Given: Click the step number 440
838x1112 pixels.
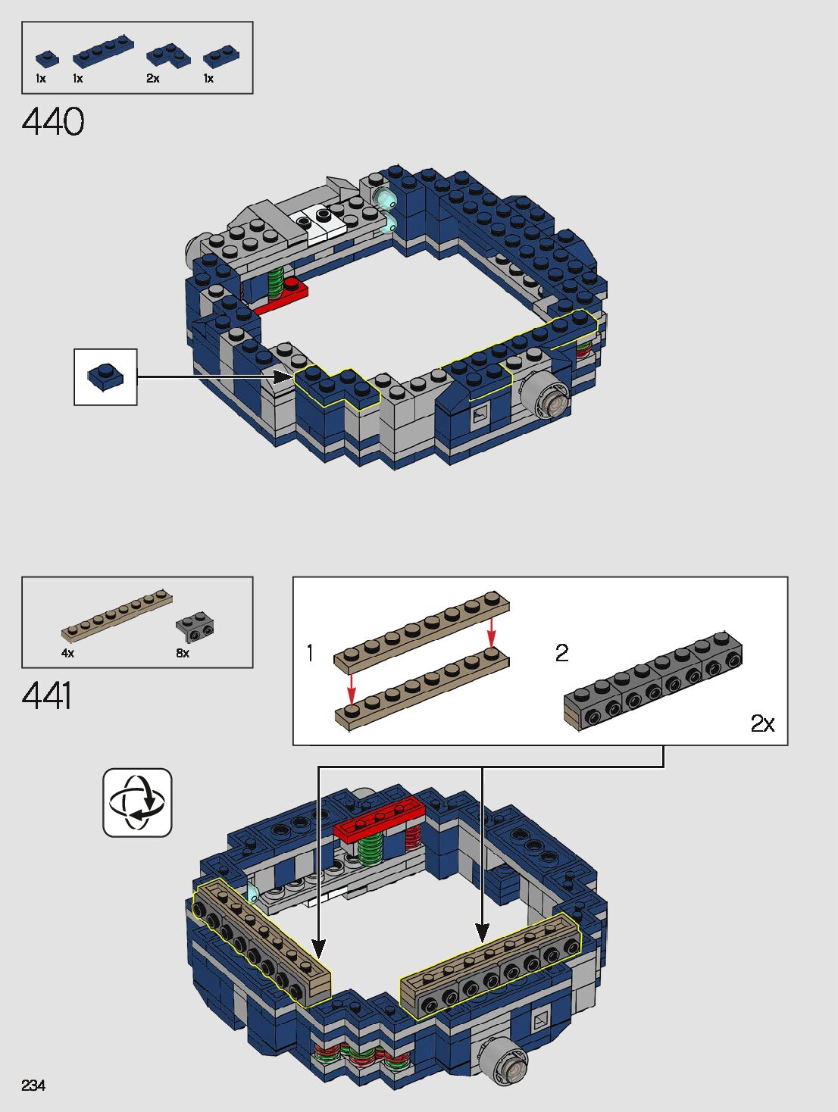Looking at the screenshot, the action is click(53, 122).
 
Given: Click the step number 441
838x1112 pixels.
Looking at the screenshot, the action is click(47, 695).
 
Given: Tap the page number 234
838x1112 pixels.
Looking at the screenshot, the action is click(33, 1085).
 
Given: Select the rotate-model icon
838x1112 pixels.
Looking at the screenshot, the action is click(137, 802).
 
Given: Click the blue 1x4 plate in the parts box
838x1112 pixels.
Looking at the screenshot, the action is click(103, 51).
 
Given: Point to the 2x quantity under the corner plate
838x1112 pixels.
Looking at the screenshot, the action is click(153, 79).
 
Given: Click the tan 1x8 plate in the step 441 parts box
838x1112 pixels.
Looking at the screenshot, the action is click(117, 614).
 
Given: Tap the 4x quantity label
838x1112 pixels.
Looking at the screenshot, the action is click(67, 653).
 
